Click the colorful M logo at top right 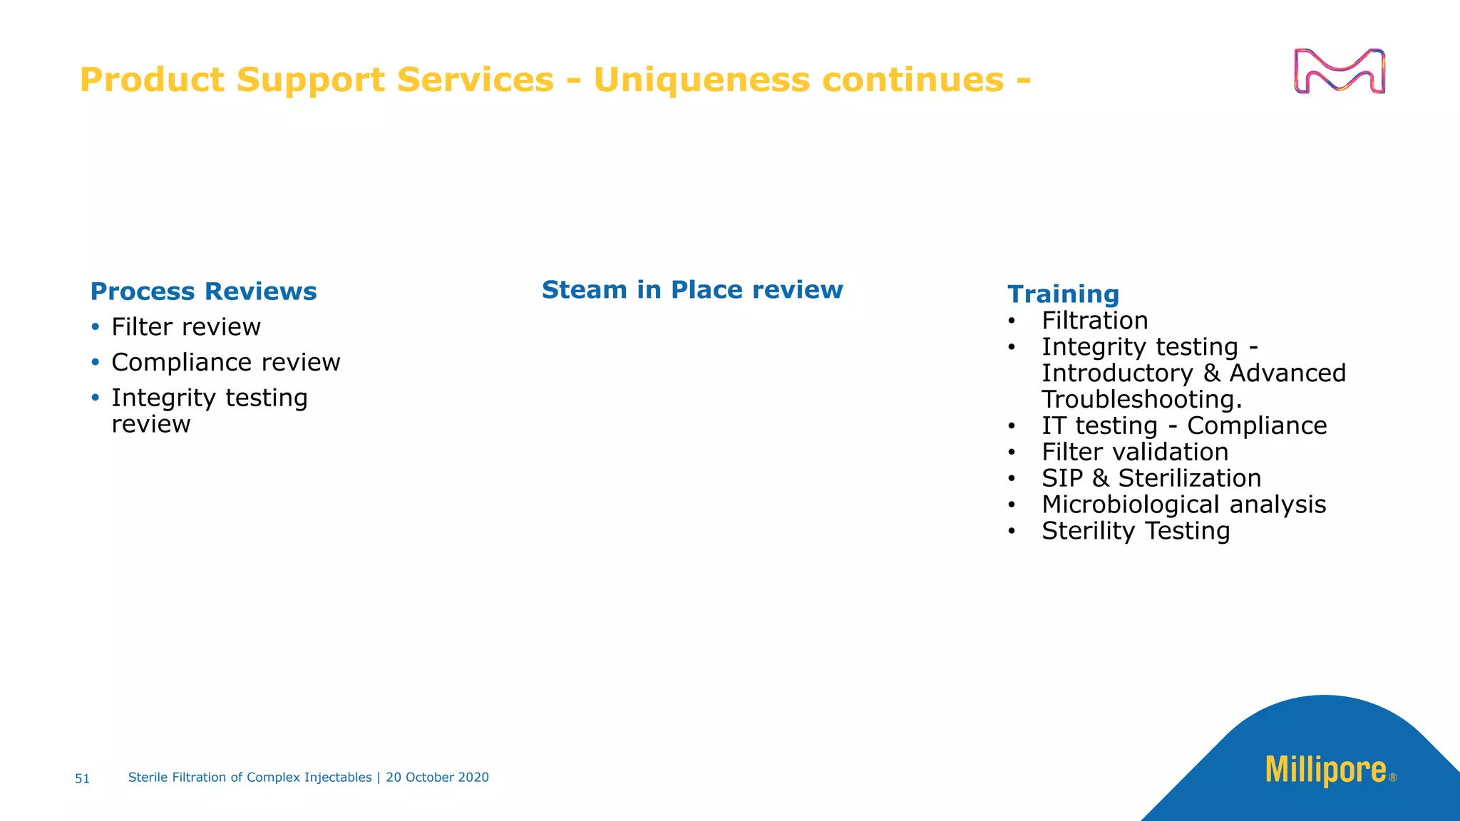(1339, 71)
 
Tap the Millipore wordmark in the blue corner (1325, 770)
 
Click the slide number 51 (83, 779)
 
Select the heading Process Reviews (203, 291)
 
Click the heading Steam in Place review (692, 290)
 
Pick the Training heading (1063, 294)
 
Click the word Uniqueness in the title (701, 79)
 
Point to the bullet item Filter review (185, 327)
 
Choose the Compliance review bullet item (225, 363)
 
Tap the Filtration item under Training (1094, 321)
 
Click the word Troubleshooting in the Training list (1141, 400)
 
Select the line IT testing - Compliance (1183, 426)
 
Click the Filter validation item (1134, 453)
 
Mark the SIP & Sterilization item (1151, 478)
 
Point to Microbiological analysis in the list (1183, 505)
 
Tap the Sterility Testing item (1135, 531)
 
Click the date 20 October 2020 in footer (437, 778)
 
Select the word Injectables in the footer (338, 778)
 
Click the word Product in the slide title (152, 79)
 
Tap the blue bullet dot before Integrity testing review (96, 398)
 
